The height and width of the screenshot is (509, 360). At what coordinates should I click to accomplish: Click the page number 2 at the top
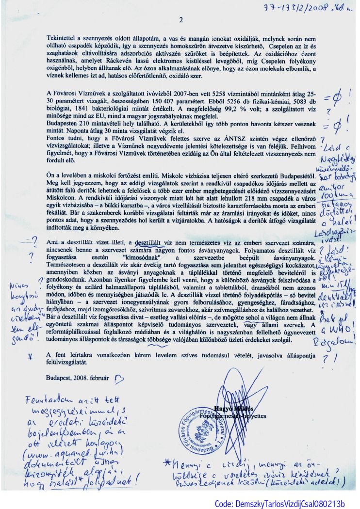point(180,20)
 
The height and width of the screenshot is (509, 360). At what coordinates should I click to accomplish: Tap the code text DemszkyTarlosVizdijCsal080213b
point(279,504)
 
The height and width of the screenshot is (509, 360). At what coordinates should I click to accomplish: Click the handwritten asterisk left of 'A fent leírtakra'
point(31,355)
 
